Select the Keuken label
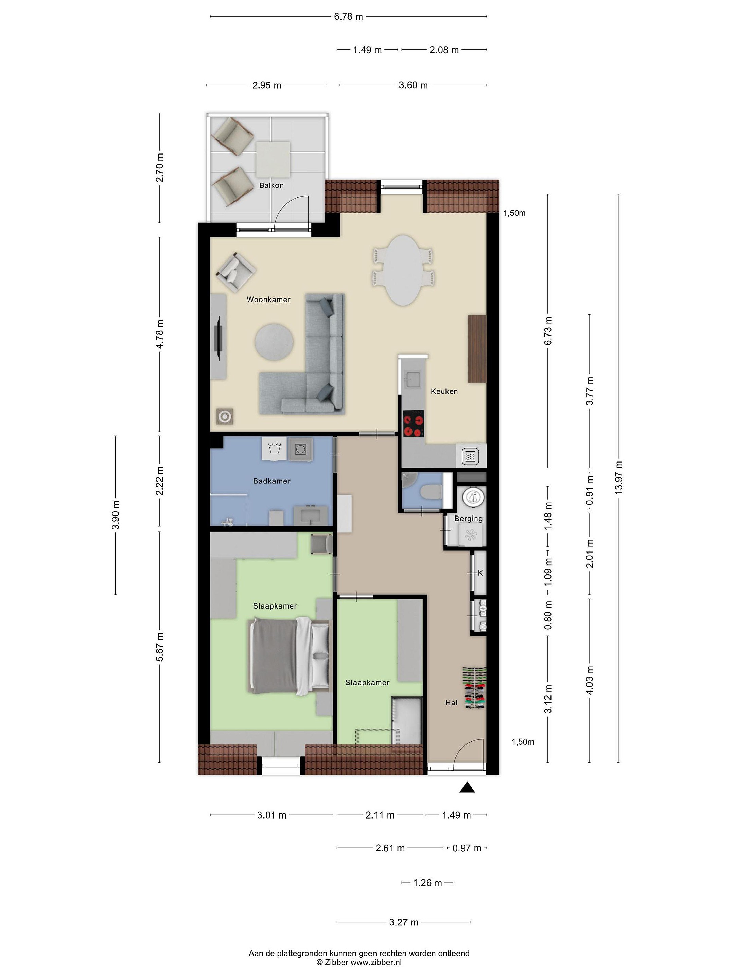pyautogui.click(x=444, y=391)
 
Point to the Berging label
pyautogui.click(x=468, y=518)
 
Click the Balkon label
pyautogui.click(x=271, y=185)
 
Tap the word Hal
pyautogui.click(x=451, y=702)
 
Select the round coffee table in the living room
pyautogui.click(x=274, y=342)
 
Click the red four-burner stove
pyautogui.click(x=413, y=424)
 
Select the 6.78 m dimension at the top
pyautogui.click(x=348, y=16)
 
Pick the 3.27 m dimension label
pyautogui.click(x=403, y=922)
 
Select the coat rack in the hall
pyautogui.click(x=475, y=688)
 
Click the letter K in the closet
pyautogui.click(x=480, y=573)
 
